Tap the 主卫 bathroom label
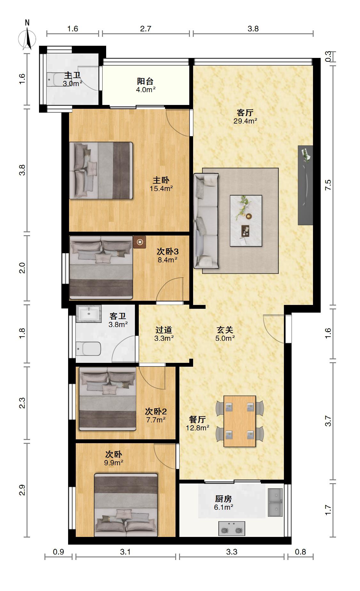[x=72, y=76]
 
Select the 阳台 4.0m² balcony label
[x=145, y=85]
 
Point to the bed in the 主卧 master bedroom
[x=101, y=171]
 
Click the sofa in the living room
[x=206, y=221]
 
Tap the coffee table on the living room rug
[x=246, y=221]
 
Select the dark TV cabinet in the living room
[x=305, y=185]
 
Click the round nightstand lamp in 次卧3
[x=140, y=242]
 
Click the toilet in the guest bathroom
[x=89, y=348]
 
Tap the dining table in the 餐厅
[x=240, y=421]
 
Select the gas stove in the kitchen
[x=232, y=528]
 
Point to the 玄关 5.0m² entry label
[x=225, y=334]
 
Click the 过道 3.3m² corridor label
[x=164, y=334]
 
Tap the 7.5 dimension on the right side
[x=328, y=185]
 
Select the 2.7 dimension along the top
[x=145, y=28]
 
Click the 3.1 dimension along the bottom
[x=125, y=552]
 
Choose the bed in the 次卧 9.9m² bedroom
[x=126, y=505]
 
